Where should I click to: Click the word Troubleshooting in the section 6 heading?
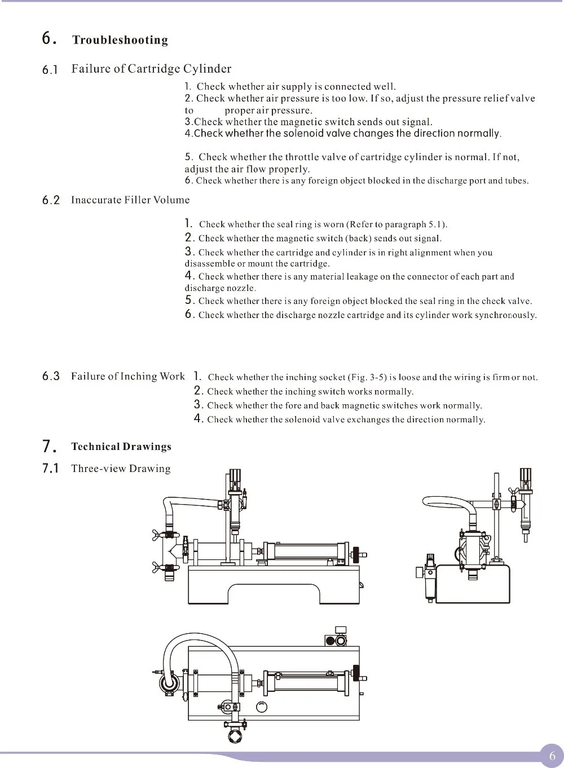120,40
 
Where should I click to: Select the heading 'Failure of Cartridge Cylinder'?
151,69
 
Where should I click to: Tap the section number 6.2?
51,200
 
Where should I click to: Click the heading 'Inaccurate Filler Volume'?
130,200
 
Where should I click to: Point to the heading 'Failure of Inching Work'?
127,376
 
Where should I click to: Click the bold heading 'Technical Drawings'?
121,447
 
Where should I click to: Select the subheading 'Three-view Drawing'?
121,469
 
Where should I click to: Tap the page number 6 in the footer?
552,756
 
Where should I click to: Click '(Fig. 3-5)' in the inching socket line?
368,377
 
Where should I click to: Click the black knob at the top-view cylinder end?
356,673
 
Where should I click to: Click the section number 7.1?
51,469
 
